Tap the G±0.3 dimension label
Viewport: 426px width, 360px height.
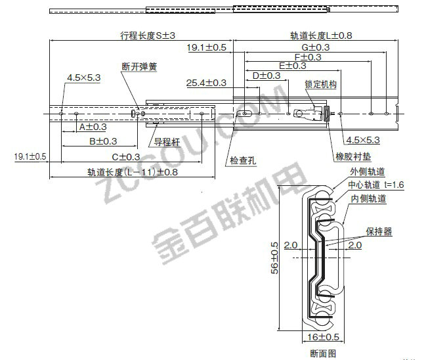coord(316,48)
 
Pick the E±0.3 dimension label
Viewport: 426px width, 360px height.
coord(292,66)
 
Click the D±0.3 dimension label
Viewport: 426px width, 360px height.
coord(266,76)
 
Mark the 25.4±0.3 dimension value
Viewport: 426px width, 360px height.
coord(206,83)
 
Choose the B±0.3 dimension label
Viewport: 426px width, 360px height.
coord(103,141)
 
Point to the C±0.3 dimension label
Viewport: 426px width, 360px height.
coord(125,156)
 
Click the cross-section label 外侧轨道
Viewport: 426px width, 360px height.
coord(367,171)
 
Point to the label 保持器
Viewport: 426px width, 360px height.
coord(379,231)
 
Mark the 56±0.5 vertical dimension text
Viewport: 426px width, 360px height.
coord(274,257)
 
